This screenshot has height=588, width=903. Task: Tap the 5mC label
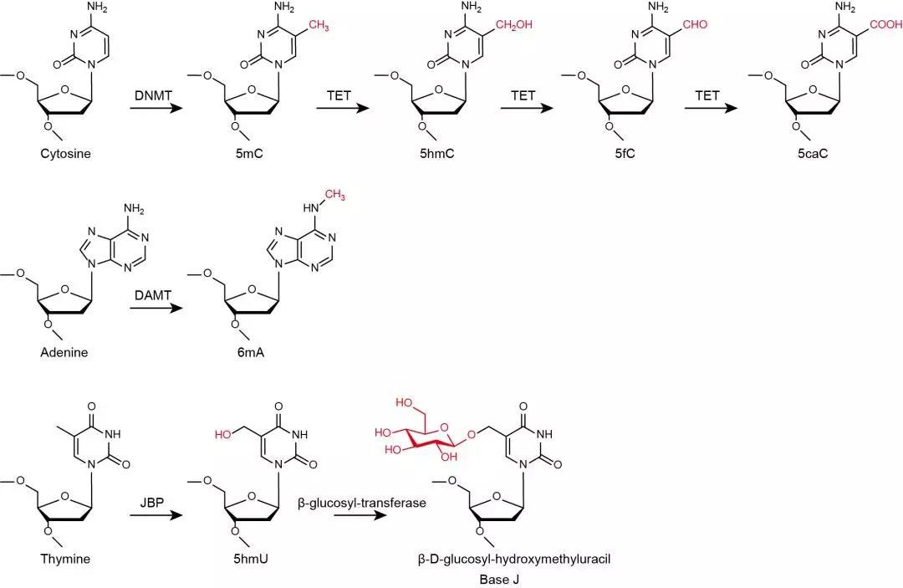(x=248, y=154)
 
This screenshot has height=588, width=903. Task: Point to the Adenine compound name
(x=64, y=352)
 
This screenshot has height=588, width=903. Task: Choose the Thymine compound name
(x=64, y=559)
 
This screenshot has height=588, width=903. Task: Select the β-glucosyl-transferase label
(x=362, y=504)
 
